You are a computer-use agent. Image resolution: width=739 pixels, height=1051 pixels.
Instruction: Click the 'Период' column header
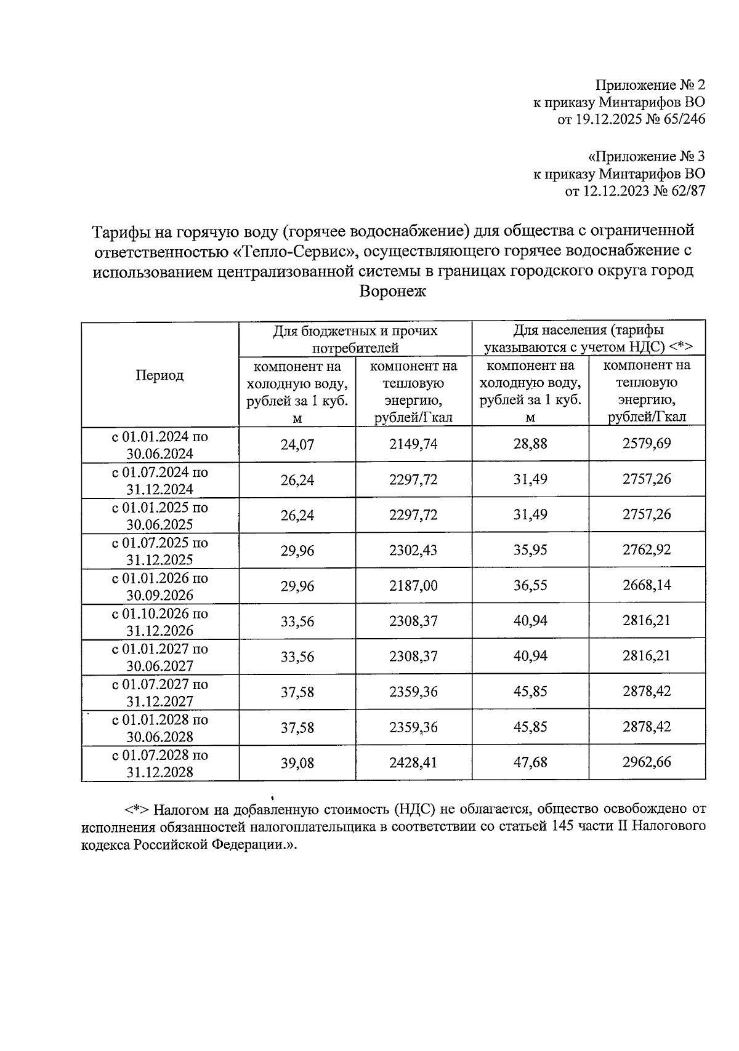tap(160, 375)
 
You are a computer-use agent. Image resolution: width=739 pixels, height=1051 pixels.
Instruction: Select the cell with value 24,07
tap(297, 444)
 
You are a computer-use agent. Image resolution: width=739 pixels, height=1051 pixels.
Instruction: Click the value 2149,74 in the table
tap(413, 444)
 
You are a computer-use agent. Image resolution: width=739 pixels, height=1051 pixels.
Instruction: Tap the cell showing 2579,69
tap(647, 444)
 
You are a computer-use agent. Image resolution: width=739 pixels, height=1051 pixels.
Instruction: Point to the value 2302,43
tap(413, 550)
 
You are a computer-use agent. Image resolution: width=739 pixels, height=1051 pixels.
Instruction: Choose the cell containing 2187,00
tap(413, 586)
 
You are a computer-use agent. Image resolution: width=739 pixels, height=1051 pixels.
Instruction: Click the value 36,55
tap(530, 586)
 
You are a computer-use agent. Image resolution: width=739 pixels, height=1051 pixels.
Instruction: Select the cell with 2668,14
tap(647, 586)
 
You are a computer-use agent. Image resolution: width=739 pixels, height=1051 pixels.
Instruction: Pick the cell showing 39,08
tap(297, 763)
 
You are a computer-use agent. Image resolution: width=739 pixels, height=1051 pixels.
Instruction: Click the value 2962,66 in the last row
tap(647, 762)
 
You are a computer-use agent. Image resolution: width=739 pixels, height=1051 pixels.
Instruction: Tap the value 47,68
tap(530, 762)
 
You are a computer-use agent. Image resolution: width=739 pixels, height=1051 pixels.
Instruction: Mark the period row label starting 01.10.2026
tap(160, 621)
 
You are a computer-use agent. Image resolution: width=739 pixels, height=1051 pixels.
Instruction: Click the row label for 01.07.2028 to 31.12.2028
tap(160, 763)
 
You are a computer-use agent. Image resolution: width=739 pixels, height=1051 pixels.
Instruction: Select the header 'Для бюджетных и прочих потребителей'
tap(355, 338)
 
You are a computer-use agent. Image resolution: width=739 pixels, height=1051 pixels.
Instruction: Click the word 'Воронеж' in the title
tap(392, 291)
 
